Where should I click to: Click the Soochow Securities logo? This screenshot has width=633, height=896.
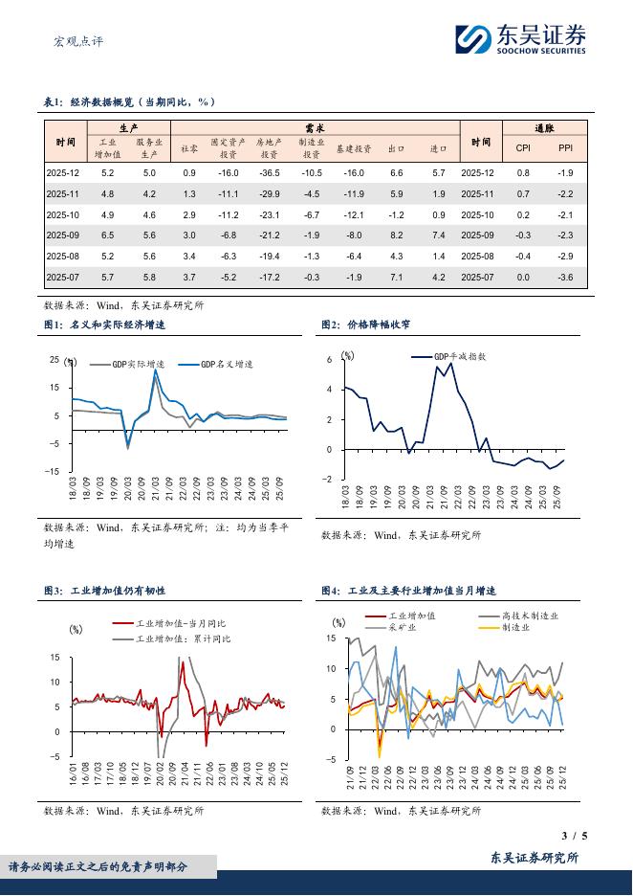[519, 39]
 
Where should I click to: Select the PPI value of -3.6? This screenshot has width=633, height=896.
[565, 277]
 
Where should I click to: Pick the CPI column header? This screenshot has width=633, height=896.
[523, 148]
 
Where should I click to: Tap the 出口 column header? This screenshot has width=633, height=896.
[397, 148]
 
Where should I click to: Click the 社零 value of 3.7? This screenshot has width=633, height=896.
[188, 277]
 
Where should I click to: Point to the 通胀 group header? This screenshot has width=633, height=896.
[544, 127]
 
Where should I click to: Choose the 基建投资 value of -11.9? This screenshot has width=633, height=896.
[354, 193]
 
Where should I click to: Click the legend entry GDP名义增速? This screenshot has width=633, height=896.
[228, 365]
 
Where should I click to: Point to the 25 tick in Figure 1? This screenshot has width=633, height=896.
[55, 360]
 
